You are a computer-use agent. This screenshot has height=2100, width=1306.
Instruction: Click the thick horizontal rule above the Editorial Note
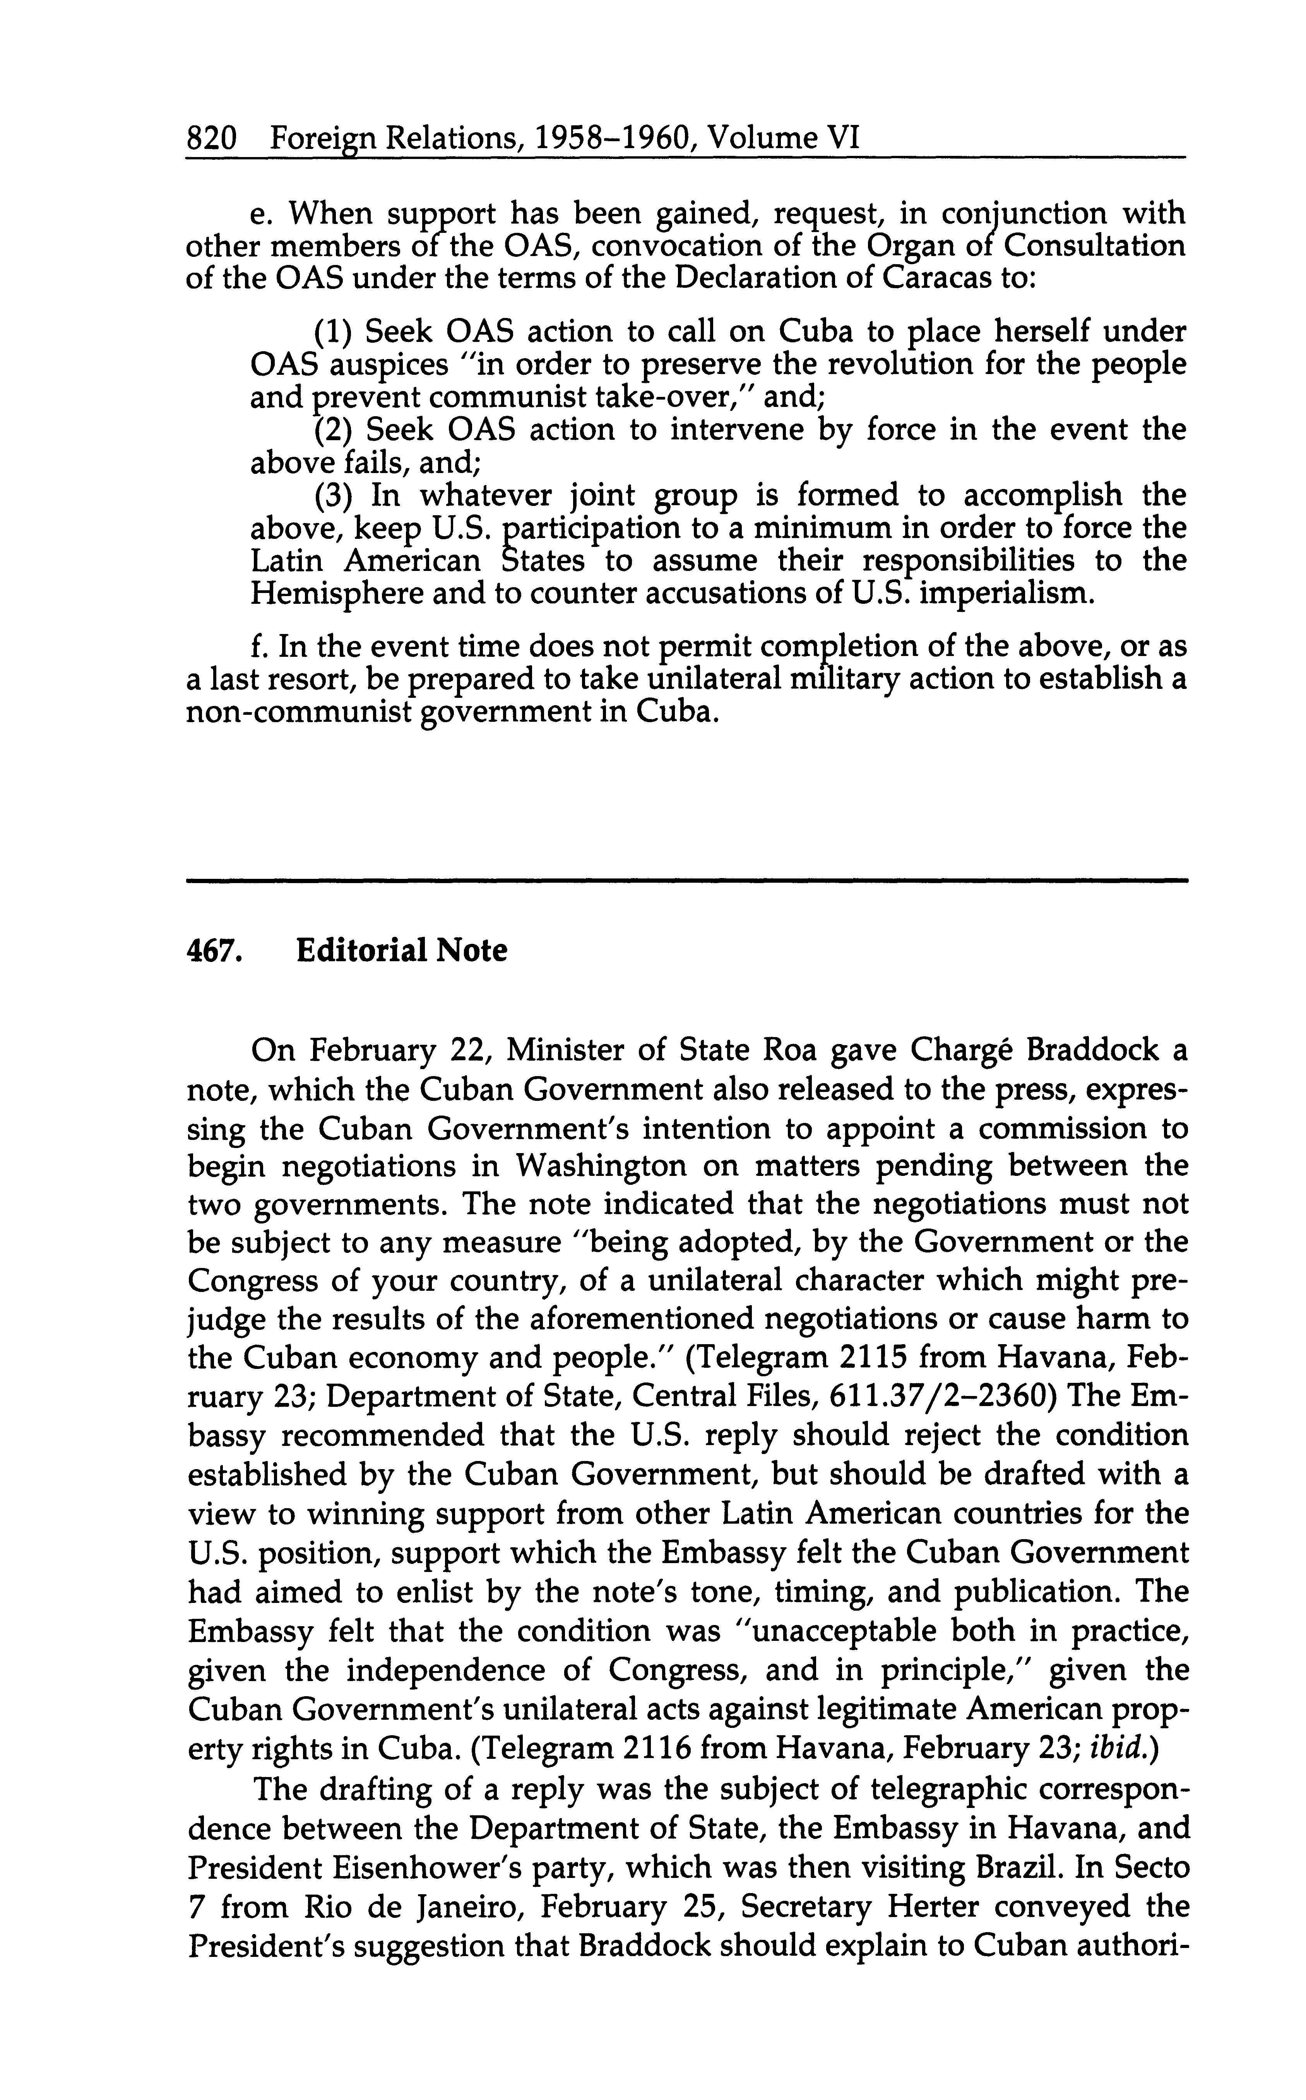(687, 881)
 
